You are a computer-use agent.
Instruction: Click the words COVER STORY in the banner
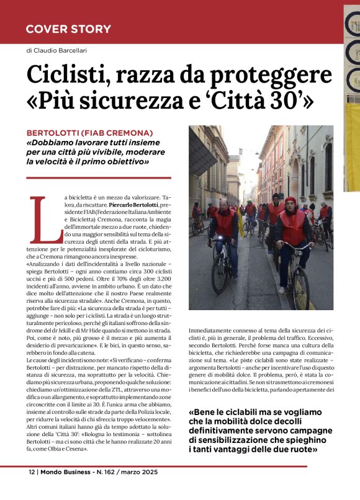pos(68,29)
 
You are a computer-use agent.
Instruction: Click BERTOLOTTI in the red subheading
pos(58,133)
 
